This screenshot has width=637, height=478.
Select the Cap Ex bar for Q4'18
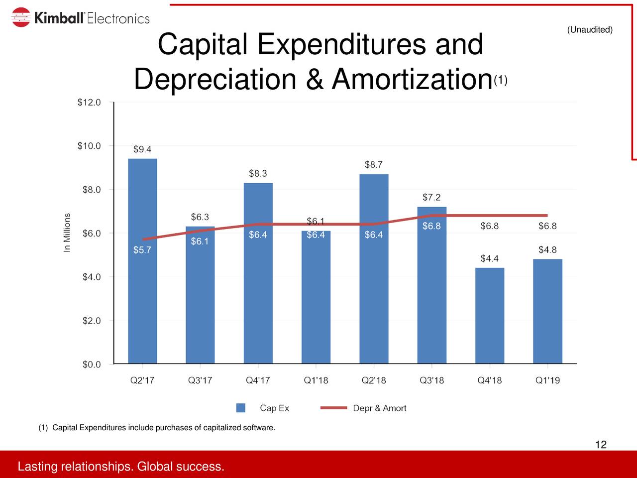pos(490,316)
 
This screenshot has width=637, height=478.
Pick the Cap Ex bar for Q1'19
pos(547,311)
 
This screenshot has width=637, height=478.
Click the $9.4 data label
pos(142,149)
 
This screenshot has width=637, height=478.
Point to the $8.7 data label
pos(374,165)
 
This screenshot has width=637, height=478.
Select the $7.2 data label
pos(431,197)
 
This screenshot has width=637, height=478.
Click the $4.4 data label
pos(489,258)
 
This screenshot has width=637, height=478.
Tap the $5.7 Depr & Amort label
pos(142,250)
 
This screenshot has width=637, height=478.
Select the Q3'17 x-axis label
pos(200,380)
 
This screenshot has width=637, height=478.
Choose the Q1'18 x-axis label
pos(316,380)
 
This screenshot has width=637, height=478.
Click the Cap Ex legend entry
pos(263,408)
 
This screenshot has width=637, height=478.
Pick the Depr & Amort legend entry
pos(364,408)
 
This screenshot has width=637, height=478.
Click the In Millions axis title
pos(68,233)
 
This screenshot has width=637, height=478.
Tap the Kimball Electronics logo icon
pos(21,18)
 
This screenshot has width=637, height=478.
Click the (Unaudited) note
pos(590,30)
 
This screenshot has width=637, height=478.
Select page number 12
pos(601,445)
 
